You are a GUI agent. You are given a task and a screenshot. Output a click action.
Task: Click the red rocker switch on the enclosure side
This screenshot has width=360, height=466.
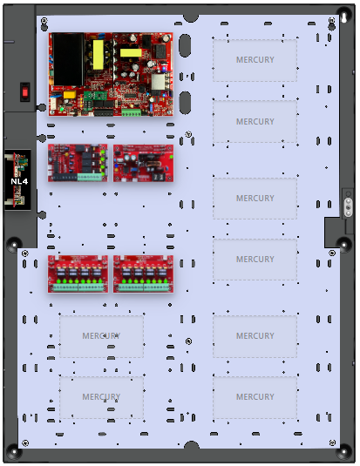(25, 92)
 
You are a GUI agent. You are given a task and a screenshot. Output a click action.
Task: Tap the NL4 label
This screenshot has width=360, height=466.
(19, 181)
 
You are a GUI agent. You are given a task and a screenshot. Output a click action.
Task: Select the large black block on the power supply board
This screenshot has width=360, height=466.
(67, 59)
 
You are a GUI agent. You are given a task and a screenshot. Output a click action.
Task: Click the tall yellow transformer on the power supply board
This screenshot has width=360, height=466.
(98, 55)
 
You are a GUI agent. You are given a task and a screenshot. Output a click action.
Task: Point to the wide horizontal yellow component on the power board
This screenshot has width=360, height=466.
(131, 53)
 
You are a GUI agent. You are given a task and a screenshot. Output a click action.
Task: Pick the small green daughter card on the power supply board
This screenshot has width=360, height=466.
(92, 96)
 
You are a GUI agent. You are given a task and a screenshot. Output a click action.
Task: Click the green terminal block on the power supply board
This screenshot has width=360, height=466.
(131, 112)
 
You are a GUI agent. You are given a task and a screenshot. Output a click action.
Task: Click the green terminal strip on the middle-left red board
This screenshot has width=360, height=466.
(89, 177)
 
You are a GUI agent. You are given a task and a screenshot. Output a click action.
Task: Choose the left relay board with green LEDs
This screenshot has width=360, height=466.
(78, 274)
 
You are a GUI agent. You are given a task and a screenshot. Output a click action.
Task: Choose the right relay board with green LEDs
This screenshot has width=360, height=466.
(144, 274)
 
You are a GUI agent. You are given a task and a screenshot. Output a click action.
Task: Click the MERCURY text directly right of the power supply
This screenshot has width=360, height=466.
(255, 60)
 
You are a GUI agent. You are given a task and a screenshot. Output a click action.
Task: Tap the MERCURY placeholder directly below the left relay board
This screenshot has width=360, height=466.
(101, 336)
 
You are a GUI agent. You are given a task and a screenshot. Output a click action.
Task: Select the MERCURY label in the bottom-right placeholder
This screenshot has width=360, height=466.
(255, 397)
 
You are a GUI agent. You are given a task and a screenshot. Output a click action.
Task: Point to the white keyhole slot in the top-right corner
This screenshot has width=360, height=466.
(344, 17)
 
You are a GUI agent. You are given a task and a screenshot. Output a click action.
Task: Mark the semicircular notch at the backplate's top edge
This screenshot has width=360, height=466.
(191, 18)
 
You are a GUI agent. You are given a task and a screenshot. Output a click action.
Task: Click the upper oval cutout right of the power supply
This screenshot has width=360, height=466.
(185, 45)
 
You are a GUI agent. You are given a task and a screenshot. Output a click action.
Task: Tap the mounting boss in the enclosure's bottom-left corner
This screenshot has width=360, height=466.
(14, 453)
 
